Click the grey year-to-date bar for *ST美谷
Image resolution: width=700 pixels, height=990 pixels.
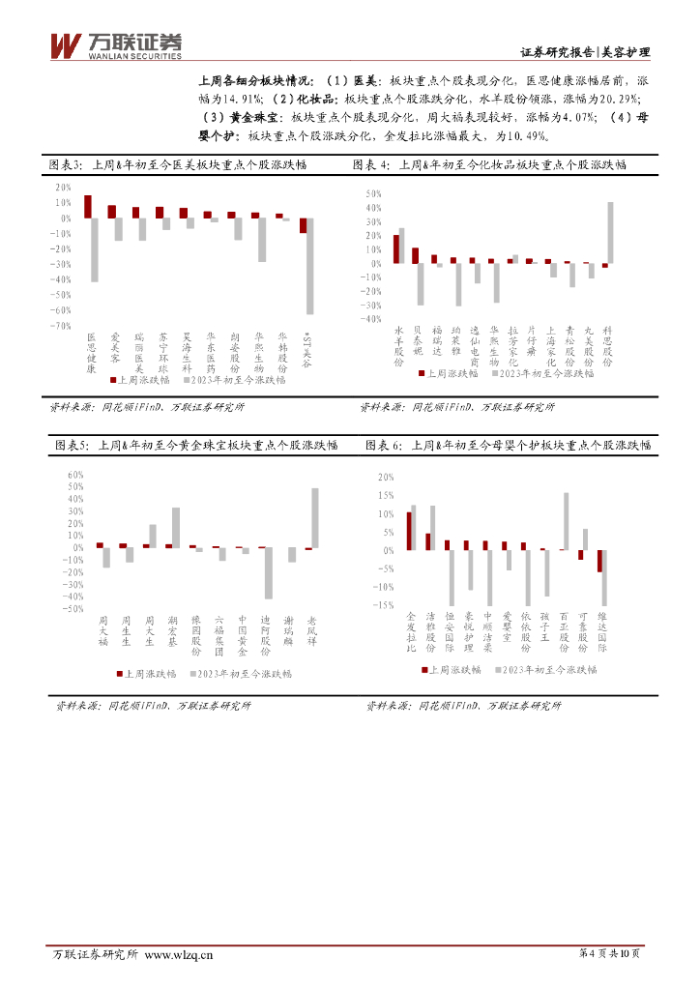tap(310, 266)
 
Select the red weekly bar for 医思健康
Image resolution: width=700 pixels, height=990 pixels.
tap(88, 206)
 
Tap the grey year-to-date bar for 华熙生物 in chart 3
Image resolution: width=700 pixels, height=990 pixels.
tap(262, 240)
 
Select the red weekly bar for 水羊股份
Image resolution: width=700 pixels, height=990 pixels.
tap(396, 248)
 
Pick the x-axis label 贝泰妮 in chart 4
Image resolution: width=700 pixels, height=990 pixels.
tap(417, 341)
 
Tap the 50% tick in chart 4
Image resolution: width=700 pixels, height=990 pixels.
tap(375, 194)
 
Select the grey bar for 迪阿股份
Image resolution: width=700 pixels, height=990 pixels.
tap(269, 572)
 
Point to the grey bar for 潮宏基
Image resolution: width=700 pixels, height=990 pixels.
tap(176, 528)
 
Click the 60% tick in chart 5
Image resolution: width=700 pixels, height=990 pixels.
tap(76, 476)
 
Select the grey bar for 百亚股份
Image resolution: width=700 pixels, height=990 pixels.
tap(566, 521)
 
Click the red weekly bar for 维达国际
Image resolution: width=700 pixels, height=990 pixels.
tap(599, 561)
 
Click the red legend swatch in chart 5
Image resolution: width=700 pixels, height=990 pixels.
tap(120, 674)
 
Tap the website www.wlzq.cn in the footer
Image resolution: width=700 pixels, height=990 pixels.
tap(179, 956)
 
